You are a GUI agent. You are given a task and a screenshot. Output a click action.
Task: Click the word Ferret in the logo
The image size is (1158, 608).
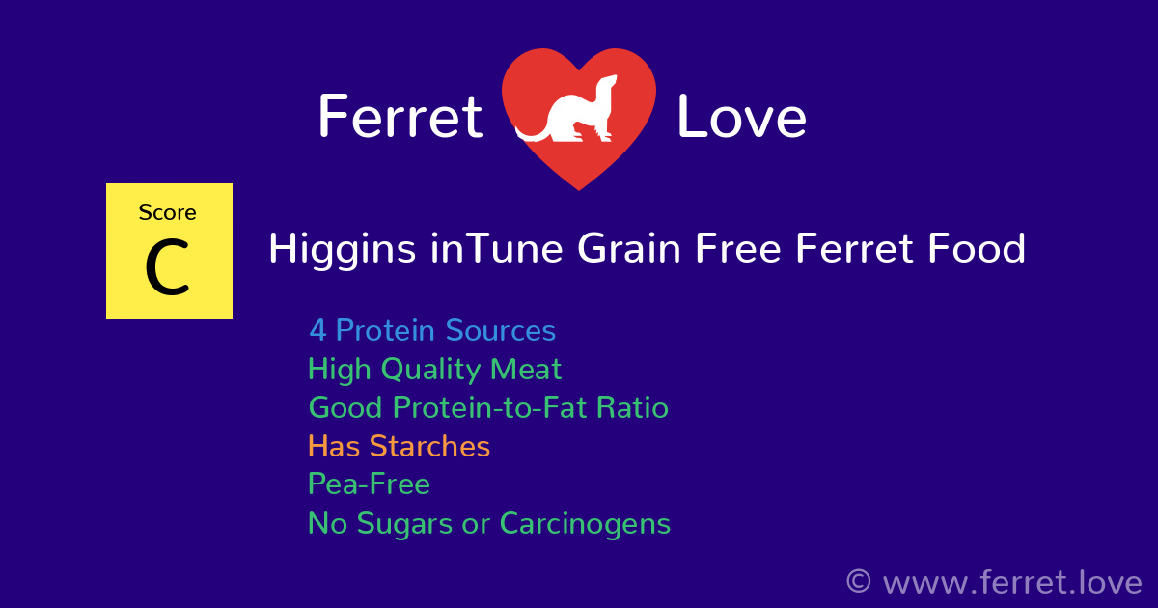click(400, 118)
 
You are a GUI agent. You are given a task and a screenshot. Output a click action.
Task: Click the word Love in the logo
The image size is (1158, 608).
click(741, 118)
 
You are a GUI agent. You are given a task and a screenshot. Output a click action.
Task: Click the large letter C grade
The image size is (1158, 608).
click(167, 270)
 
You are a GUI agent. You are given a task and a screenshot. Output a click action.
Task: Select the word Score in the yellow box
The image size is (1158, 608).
click(167, 212)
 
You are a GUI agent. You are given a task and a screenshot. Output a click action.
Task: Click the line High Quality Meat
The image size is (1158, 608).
click(434, 370)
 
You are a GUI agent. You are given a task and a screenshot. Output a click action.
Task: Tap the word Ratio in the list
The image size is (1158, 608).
click(631, 408)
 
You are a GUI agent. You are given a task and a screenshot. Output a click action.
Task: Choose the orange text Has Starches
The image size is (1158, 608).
click(399, 447)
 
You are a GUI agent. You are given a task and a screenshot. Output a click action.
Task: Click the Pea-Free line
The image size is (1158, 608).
click(369, 484)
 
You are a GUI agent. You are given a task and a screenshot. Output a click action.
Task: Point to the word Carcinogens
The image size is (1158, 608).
click(584, 524)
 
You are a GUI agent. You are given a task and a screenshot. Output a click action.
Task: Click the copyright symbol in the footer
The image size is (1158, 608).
click(858, 582)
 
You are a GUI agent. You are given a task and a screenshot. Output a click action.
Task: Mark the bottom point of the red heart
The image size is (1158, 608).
click(579, 188)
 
